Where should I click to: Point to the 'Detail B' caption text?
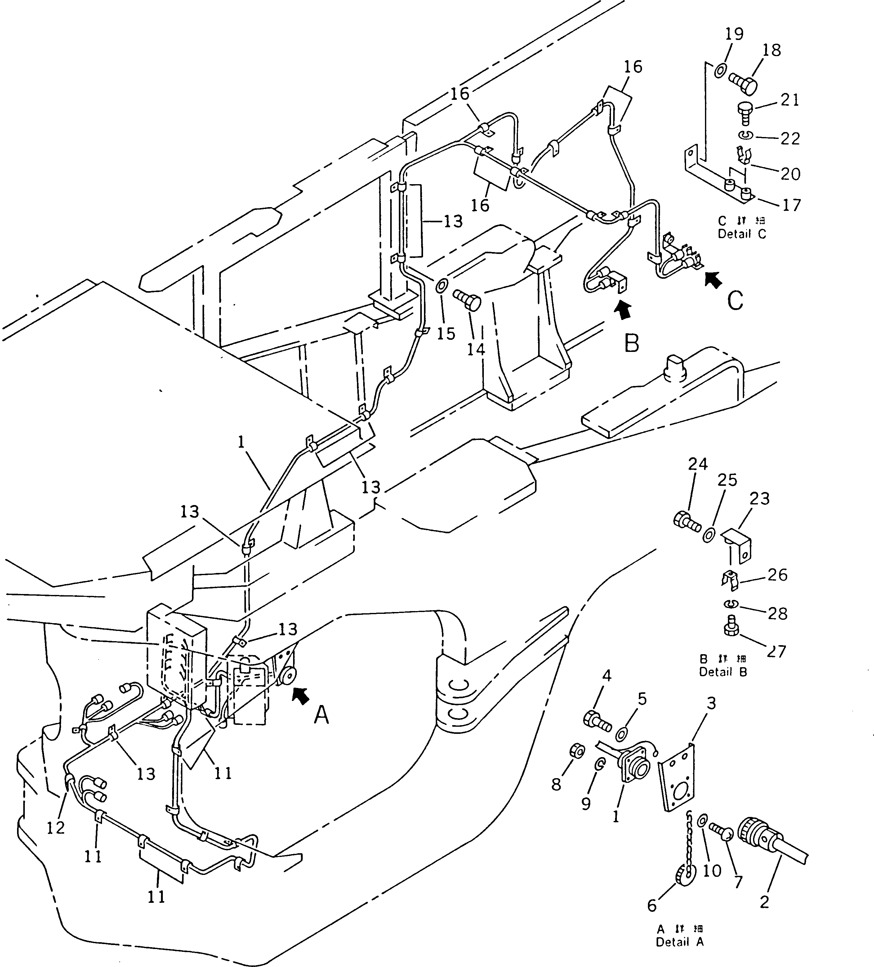tap(723, 672)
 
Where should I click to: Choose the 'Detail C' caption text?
tap(742, 234)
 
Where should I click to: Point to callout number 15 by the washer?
tap(446, 333)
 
